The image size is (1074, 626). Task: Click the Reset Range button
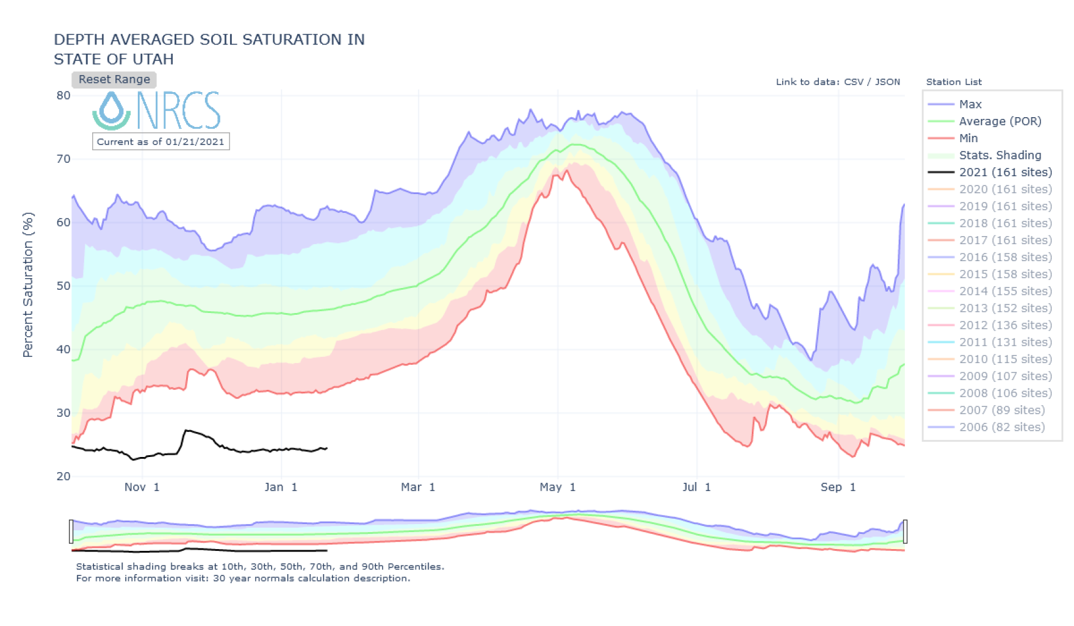pos(114,79)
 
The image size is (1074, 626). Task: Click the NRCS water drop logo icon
pos(112,110)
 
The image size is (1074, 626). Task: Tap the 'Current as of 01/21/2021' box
pos(160,142)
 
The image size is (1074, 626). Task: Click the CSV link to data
pos(854,82)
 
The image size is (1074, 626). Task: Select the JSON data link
pos(887,82)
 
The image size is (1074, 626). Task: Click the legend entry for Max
pos(970,104)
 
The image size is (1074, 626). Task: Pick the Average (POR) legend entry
pos(1000,121)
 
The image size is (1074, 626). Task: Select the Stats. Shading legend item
pos(1000,155)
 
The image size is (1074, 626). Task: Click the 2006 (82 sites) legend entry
pos(1001,427)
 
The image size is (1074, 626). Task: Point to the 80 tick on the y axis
pos(63,95)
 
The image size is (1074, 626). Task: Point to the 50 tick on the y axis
pos(63,286)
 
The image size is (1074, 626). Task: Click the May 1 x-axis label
pos(557,487)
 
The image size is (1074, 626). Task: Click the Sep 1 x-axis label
pos(838,487)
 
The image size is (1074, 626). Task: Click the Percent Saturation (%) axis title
pos(28,284)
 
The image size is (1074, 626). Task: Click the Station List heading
pos(954,82)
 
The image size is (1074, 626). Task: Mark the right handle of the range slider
pos(905,531)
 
